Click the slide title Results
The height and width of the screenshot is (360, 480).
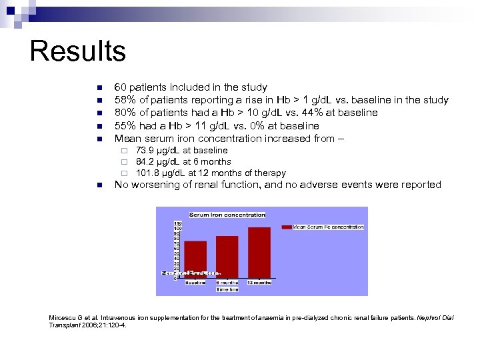77,51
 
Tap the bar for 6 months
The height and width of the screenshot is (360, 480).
227,256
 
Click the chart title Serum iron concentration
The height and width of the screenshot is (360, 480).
227,215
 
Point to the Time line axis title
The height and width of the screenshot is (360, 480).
227,290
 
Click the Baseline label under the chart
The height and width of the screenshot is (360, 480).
195,283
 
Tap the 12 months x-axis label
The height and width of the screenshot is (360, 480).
259,283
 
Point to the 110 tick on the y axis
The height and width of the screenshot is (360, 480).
178,223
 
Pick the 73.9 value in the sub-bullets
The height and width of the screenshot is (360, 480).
145,151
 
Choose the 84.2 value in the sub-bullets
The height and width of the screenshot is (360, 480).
145,162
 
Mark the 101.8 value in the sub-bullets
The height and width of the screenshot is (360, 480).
147,173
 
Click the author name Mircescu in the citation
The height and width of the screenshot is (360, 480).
65,317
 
